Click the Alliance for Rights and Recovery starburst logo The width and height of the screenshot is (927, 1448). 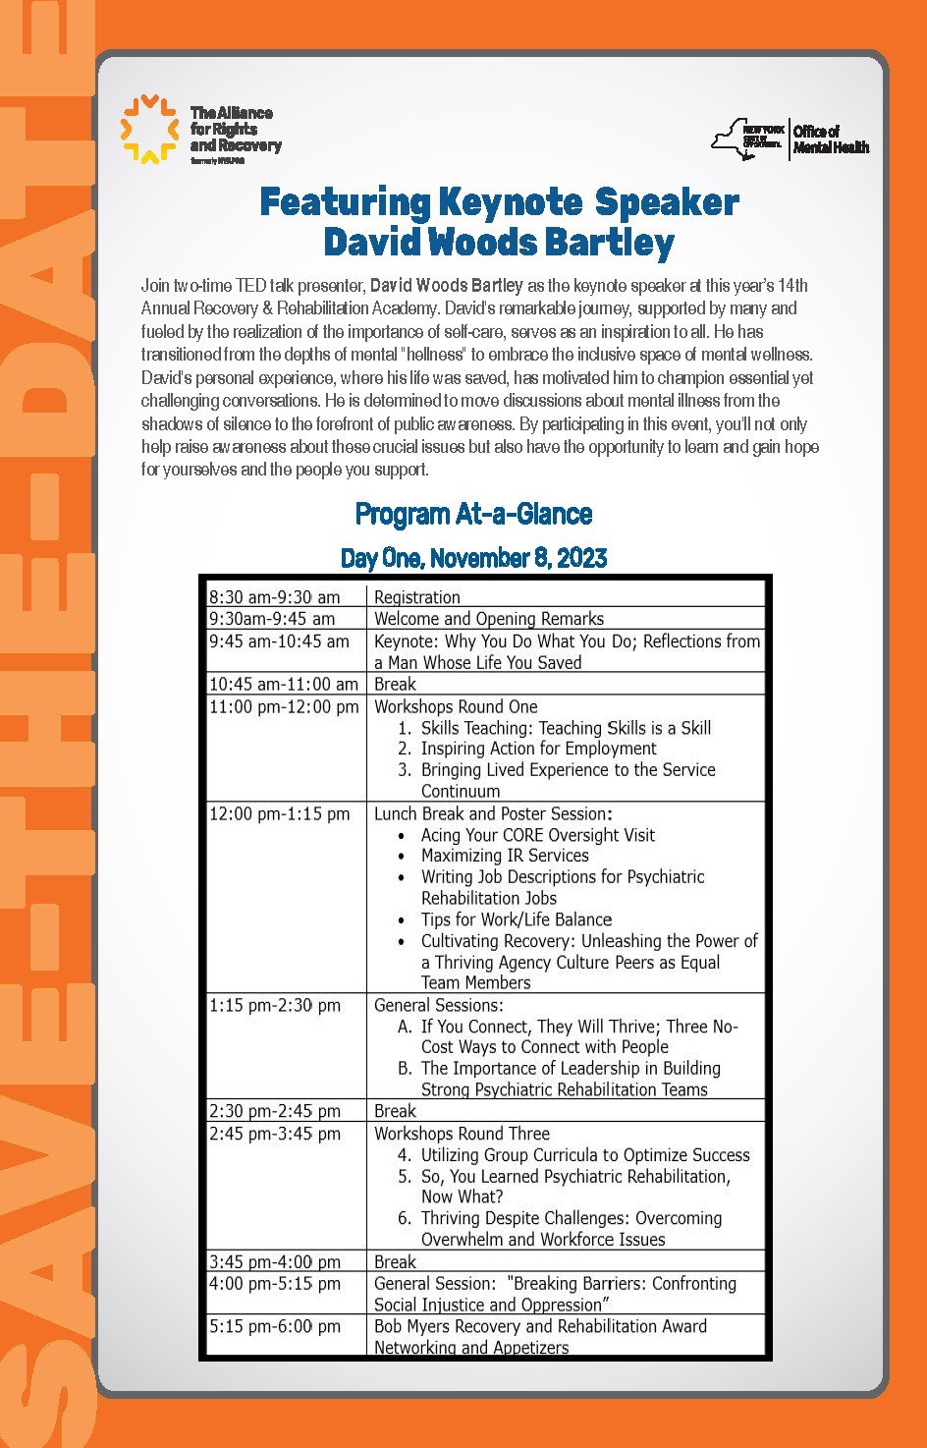148,129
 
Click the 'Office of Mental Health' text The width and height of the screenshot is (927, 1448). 831,139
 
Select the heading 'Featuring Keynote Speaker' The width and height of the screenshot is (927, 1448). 499,202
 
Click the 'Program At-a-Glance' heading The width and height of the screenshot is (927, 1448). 473,514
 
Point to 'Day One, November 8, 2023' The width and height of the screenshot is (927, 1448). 473,558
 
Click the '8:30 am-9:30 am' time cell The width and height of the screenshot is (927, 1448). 274,597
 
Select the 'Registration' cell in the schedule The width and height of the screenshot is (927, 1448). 417,597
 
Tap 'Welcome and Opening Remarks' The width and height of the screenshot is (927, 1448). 489,619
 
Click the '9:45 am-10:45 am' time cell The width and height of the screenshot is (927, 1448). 279,641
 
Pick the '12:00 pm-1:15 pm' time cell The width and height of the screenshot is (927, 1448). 279,813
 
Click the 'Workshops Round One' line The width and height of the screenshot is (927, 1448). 456,706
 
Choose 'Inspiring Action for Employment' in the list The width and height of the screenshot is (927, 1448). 538,749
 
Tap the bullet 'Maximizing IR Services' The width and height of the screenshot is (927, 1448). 505,856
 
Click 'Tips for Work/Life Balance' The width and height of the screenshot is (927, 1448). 517,919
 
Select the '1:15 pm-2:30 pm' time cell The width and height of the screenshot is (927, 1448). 274,1005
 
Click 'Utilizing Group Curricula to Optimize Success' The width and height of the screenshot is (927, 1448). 585,1155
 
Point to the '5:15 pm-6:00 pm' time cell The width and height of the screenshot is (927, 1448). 274,1326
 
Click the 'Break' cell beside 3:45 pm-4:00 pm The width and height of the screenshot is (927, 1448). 395,1261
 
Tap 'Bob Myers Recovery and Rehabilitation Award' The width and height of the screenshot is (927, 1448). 540,1326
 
